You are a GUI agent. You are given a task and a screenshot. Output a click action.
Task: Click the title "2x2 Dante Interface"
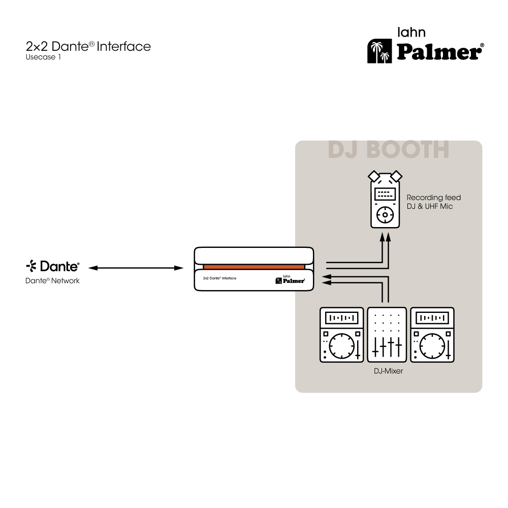point(88,47)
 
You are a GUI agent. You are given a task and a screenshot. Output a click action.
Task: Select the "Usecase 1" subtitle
point(43,57)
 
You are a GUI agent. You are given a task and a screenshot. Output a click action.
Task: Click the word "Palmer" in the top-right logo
point(440,52)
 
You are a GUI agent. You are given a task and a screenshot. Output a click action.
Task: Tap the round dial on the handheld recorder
point(385,215)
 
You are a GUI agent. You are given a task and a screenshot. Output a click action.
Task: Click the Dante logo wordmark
point(53,266)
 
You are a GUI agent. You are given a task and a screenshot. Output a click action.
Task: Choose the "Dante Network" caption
point(52,280)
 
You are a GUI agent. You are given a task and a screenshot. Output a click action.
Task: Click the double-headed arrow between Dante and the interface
point(136,267)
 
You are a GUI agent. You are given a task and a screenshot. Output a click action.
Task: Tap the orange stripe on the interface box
point(254,266)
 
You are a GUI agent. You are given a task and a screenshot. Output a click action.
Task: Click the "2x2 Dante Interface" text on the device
point(219,278)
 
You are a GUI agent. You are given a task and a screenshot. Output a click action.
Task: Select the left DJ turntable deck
point(342,335)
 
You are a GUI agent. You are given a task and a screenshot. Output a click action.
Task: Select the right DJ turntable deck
point(432,335)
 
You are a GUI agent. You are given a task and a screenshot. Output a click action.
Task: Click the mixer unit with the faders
point(387,335)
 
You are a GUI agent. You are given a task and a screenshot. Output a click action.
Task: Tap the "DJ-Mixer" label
point(388,371)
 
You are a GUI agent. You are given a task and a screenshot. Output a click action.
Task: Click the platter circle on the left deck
point(341,346)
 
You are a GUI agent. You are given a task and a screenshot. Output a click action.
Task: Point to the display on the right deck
point(432,319)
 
